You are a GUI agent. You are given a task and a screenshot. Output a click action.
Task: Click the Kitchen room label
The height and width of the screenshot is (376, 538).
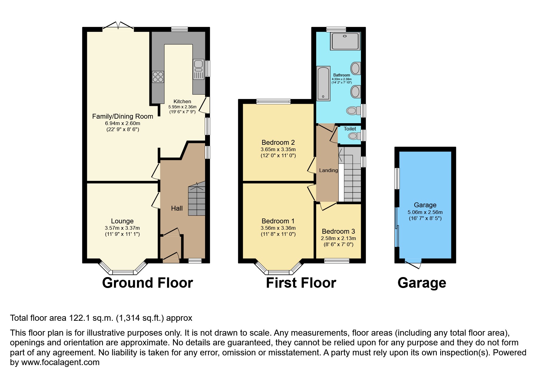coord(182,101)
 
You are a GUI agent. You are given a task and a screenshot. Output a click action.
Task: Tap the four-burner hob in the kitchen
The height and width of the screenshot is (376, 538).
coord(158,76)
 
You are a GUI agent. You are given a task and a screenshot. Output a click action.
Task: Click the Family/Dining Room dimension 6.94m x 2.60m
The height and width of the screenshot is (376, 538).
coord(122,123)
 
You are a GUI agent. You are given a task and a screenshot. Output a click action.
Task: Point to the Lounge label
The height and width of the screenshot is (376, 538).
coord(122,221)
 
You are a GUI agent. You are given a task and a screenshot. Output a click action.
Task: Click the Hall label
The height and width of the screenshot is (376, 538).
coord(177,208)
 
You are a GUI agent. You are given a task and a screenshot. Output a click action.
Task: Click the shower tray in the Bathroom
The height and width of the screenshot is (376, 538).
coord(345,41)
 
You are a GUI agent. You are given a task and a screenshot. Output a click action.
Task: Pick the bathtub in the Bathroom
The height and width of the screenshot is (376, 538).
coord(323,83)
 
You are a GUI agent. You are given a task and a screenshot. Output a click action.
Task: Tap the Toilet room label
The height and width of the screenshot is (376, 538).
coord(350,129)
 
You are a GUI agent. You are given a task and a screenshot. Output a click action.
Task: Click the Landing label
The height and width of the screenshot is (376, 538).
coord(328,170)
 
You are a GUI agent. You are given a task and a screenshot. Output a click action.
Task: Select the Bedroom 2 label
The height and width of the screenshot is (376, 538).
coord(278,142)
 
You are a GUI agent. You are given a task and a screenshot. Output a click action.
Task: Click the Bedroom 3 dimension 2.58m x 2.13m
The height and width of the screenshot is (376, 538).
coord(338,238)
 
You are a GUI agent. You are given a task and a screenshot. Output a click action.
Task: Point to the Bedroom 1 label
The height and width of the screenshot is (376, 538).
coord(278,221)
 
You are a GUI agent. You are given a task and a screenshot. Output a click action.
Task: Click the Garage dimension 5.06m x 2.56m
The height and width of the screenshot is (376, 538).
coord(425,212)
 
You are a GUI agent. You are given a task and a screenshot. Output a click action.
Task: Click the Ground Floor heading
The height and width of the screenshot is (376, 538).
coord(147,283)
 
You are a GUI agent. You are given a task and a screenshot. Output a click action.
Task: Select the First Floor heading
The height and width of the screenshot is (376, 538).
coord(301,283)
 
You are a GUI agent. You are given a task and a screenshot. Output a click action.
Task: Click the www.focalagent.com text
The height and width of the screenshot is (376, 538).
coord(60,362)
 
